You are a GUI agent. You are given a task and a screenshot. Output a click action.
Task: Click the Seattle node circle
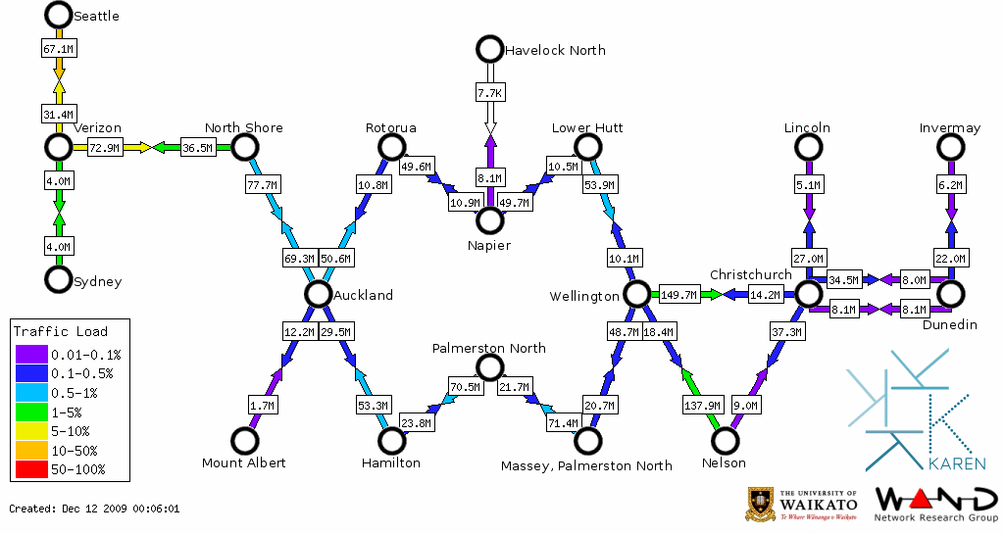[x=59, y=15]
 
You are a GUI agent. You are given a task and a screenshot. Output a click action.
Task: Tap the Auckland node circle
[x=317, y=294]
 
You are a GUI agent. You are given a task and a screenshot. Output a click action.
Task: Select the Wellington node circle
[x=636, y=294]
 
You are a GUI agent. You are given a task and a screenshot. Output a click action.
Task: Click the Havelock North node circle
[x=488, y=49]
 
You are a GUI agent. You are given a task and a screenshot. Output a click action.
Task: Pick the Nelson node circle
[x=725, y=441]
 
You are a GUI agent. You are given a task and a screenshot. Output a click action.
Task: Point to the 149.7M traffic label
[x=678, y=294]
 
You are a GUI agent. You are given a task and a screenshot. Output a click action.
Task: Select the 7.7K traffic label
[x=489, y=93]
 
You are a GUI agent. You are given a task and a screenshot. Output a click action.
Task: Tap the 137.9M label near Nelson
[x=702, y=404]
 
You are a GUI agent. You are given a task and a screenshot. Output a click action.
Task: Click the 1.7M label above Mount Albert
[x=262, y=404]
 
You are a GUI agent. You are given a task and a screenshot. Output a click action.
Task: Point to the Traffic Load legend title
[x=61, y=331]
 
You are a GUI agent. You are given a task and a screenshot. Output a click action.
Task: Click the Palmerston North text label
[x=489, y=348]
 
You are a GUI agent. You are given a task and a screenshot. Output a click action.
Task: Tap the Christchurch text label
[x=751, y=274]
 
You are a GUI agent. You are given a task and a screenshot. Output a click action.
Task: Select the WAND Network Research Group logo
[x=932, y=504]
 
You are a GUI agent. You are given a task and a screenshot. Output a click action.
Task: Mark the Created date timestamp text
[x=94, y=509]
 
